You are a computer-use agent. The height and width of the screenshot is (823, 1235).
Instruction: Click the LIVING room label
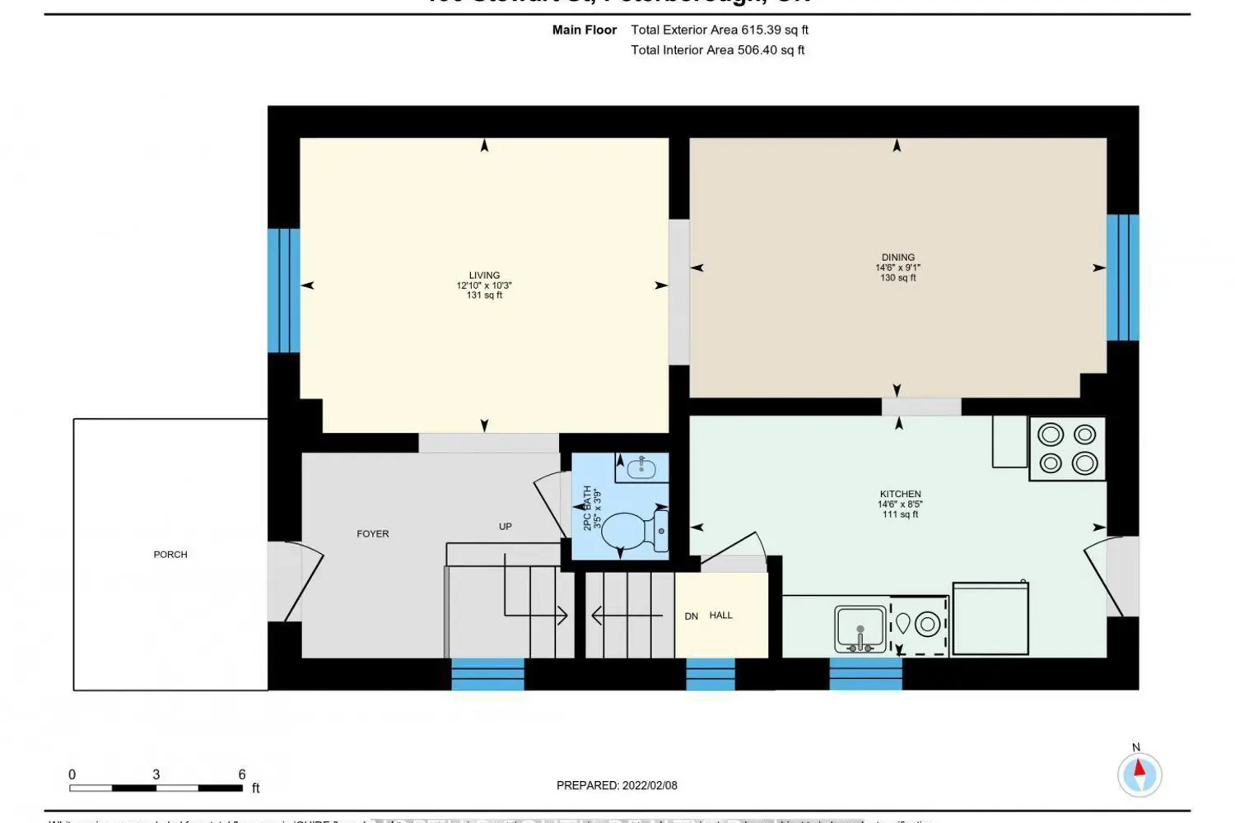point(484,276)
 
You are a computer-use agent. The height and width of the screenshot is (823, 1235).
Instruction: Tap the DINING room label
point(897,258)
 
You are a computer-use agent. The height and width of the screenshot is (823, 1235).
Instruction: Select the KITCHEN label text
point(900,494)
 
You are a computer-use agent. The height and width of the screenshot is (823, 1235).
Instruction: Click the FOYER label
point(373,534)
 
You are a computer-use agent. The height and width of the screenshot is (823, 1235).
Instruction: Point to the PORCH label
point(170,555)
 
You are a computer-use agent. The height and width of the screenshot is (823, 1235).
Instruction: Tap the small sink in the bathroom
point(641,468)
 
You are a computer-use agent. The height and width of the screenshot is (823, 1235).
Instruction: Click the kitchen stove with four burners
point(1067,449)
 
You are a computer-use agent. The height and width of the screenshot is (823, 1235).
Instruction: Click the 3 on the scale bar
point(156,774)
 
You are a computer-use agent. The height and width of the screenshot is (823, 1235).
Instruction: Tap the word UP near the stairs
point(506,527)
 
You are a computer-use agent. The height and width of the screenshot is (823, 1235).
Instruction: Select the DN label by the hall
point(692,616)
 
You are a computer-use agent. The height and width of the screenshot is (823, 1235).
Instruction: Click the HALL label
point(720,616)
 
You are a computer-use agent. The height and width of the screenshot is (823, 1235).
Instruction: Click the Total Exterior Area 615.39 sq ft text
point(720,30)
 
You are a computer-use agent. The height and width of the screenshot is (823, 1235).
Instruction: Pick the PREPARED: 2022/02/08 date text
point(617,785)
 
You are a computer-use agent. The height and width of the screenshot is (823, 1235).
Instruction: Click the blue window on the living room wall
point(283,290)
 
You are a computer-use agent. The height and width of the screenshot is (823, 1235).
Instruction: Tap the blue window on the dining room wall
point(1122,277)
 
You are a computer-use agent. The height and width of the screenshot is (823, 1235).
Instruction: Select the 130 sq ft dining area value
point(897,278)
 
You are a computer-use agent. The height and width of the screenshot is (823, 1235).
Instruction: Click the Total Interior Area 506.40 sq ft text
point(717,50)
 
